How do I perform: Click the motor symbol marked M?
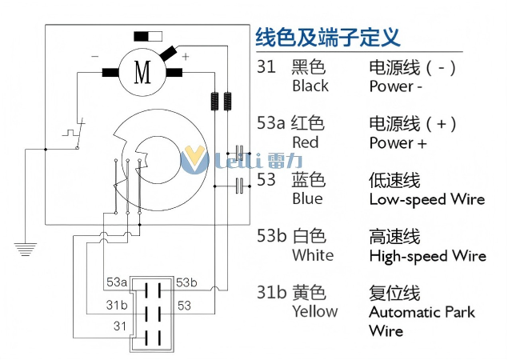pyautogui.click(x=142, y=73)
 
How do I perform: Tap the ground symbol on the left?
pyautogui.click(x=26, y=248)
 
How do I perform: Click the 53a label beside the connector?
pyautogui.click(x=117, y=282)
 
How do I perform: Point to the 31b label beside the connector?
pyautogui.click(x=117, y=305)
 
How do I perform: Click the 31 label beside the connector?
pyautogui.click(x=120, y=326)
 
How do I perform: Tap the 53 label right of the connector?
pyautogui.click(x=184, y=305)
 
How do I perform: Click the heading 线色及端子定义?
pyautogui.click(x=327, y=37)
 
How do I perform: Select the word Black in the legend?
pyautogui.click(x=310, y=86)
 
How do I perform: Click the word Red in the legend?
pyautogui.click(x=305, y=142)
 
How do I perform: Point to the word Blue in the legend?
pyautogui.click(x=307, y=198)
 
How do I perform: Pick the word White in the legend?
pyautogui.click(x=313, y=255)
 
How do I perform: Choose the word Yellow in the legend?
pyautogui.click(x=314, y=311)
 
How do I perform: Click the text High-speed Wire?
pyautogui.click(x=427, y=256)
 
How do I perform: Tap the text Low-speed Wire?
pyautogui.click(x=426, y=199)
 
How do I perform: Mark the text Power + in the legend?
pyautogui.click(x=398, y=143)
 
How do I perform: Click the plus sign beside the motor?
pyautogui.click(x=186, y=57)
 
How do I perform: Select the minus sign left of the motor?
pyautogui.click(x=95, y=57)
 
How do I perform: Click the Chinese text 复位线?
pyautogui.click(x=394, y=292)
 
